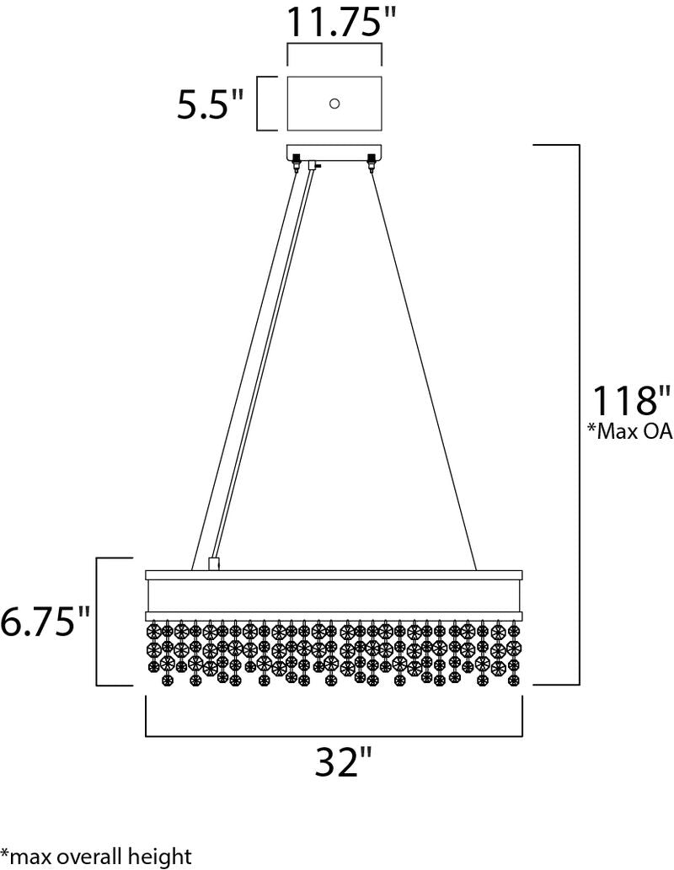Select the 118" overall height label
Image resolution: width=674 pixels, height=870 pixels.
pyautogui.click(x=625, y=400)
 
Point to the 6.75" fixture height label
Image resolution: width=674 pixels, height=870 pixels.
pyautogui.click(x=45, y=621)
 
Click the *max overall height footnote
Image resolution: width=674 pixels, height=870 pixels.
pyautogui.click(x=95, y=857)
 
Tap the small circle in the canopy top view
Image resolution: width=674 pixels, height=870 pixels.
pyautogui.click(x=334, y=104)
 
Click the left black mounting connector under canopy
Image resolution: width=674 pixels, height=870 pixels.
pyautogui.click(x=297, y=162)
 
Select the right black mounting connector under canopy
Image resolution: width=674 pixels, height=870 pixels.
pyautogui.click(x=371, y=162)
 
